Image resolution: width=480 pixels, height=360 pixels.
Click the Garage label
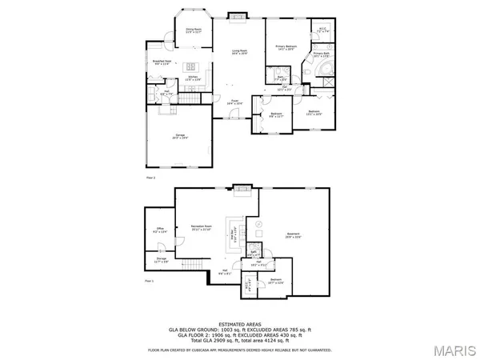[182, 137]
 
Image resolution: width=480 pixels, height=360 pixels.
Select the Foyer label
[234, 103]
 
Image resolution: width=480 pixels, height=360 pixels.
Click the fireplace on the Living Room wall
[237, 14]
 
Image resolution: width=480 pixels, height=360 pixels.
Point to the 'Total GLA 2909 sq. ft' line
[240, 342]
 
